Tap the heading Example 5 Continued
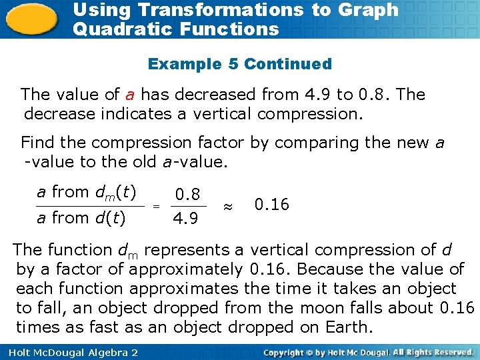[239, 64]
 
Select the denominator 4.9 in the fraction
[185, 219]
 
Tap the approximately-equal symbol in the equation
[228, 207]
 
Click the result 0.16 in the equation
[272, 205]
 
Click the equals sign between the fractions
[156, 207]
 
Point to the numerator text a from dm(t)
[87, 193]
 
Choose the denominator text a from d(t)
[81, 217]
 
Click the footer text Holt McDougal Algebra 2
[69, 352]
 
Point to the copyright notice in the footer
[369, 352]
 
